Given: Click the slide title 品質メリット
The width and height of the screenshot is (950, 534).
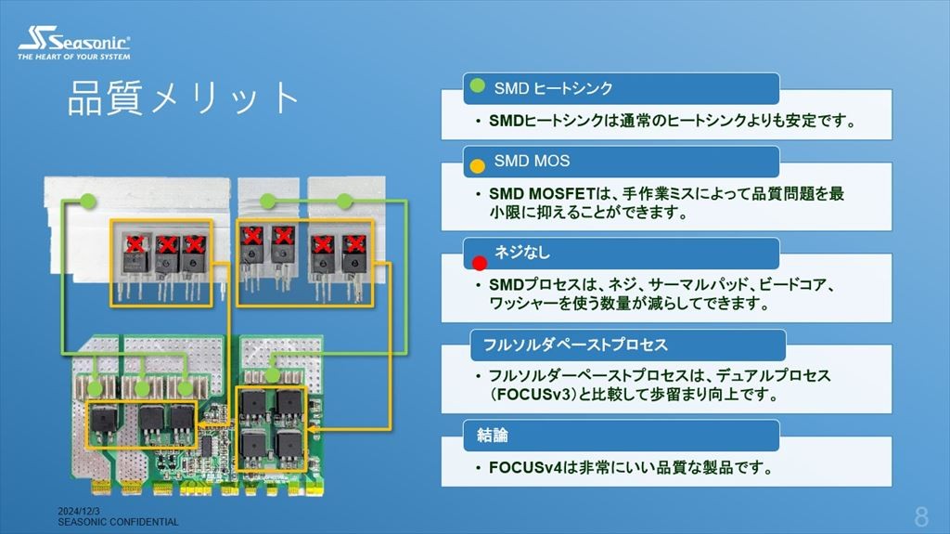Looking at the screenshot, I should point(184,98).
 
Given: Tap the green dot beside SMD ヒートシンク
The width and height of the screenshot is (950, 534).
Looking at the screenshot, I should point(477,86).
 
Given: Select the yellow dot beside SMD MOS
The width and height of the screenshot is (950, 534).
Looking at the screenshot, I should point(478,166).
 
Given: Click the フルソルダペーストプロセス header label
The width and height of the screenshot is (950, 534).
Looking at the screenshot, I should point(574,345).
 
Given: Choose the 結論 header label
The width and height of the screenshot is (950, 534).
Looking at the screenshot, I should point(493,435).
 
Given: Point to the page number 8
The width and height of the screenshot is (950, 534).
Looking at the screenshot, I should point(921,516).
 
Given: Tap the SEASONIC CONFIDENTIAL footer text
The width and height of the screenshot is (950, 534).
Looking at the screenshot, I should point(118,522).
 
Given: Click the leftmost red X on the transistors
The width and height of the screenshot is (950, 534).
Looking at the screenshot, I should point(135,243).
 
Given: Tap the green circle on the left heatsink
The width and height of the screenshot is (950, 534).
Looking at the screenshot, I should point(87,201).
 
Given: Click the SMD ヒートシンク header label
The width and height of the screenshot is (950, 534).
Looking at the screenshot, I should point(553,88).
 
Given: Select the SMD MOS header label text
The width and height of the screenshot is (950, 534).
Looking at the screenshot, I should point(532,161).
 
